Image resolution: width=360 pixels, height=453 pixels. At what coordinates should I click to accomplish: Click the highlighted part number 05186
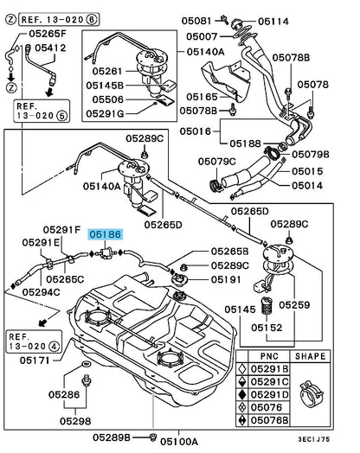point(106,234)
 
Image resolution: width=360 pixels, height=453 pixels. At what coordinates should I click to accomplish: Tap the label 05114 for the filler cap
point(273,22)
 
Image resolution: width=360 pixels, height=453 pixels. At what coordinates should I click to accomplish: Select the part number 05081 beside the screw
point(196,21)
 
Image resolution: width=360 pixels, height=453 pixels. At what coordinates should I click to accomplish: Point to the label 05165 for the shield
point(202,97)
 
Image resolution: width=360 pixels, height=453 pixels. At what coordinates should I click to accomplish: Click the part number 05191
point(226,279)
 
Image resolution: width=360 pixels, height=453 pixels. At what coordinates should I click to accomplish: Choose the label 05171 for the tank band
point(35,360)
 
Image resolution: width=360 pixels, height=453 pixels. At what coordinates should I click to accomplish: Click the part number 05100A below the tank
point(179,442)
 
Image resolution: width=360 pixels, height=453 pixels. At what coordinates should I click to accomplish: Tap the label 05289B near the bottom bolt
point(112,437)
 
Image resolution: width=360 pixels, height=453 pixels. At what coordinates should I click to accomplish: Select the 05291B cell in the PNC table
point(269,369)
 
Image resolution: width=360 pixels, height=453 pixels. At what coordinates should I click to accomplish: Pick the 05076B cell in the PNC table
point(269,420)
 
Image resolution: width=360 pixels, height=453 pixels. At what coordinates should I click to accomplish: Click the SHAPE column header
point(310,356)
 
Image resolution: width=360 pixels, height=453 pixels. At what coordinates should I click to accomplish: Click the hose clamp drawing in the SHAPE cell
point(311,393)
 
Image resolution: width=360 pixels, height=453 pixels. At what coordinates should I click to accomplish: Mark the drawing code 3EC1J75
point(314,439)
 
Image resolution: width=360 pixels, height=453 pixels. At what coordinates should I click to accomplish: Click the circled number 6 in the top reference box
point(92,19)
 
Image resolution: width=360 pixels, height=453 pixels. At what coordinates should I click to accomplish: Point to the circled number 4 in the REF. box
point(54,346)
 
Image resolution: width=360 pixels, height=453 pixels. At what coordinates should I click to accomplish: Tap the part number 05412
point(50,48)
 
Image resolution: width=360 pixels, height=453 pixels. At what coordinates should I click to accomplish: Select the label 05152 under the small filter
point(267,328)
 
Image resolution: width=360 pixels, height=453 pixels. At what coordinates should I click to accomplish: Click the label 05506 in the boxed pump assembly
point(108,99)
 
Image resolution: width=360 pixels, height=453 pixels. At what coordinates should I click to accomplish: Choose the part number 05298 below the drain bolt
point(75,421)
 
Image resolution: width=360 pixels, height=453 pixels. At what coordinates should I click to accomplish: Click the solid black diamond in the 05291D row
point(242,394)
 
